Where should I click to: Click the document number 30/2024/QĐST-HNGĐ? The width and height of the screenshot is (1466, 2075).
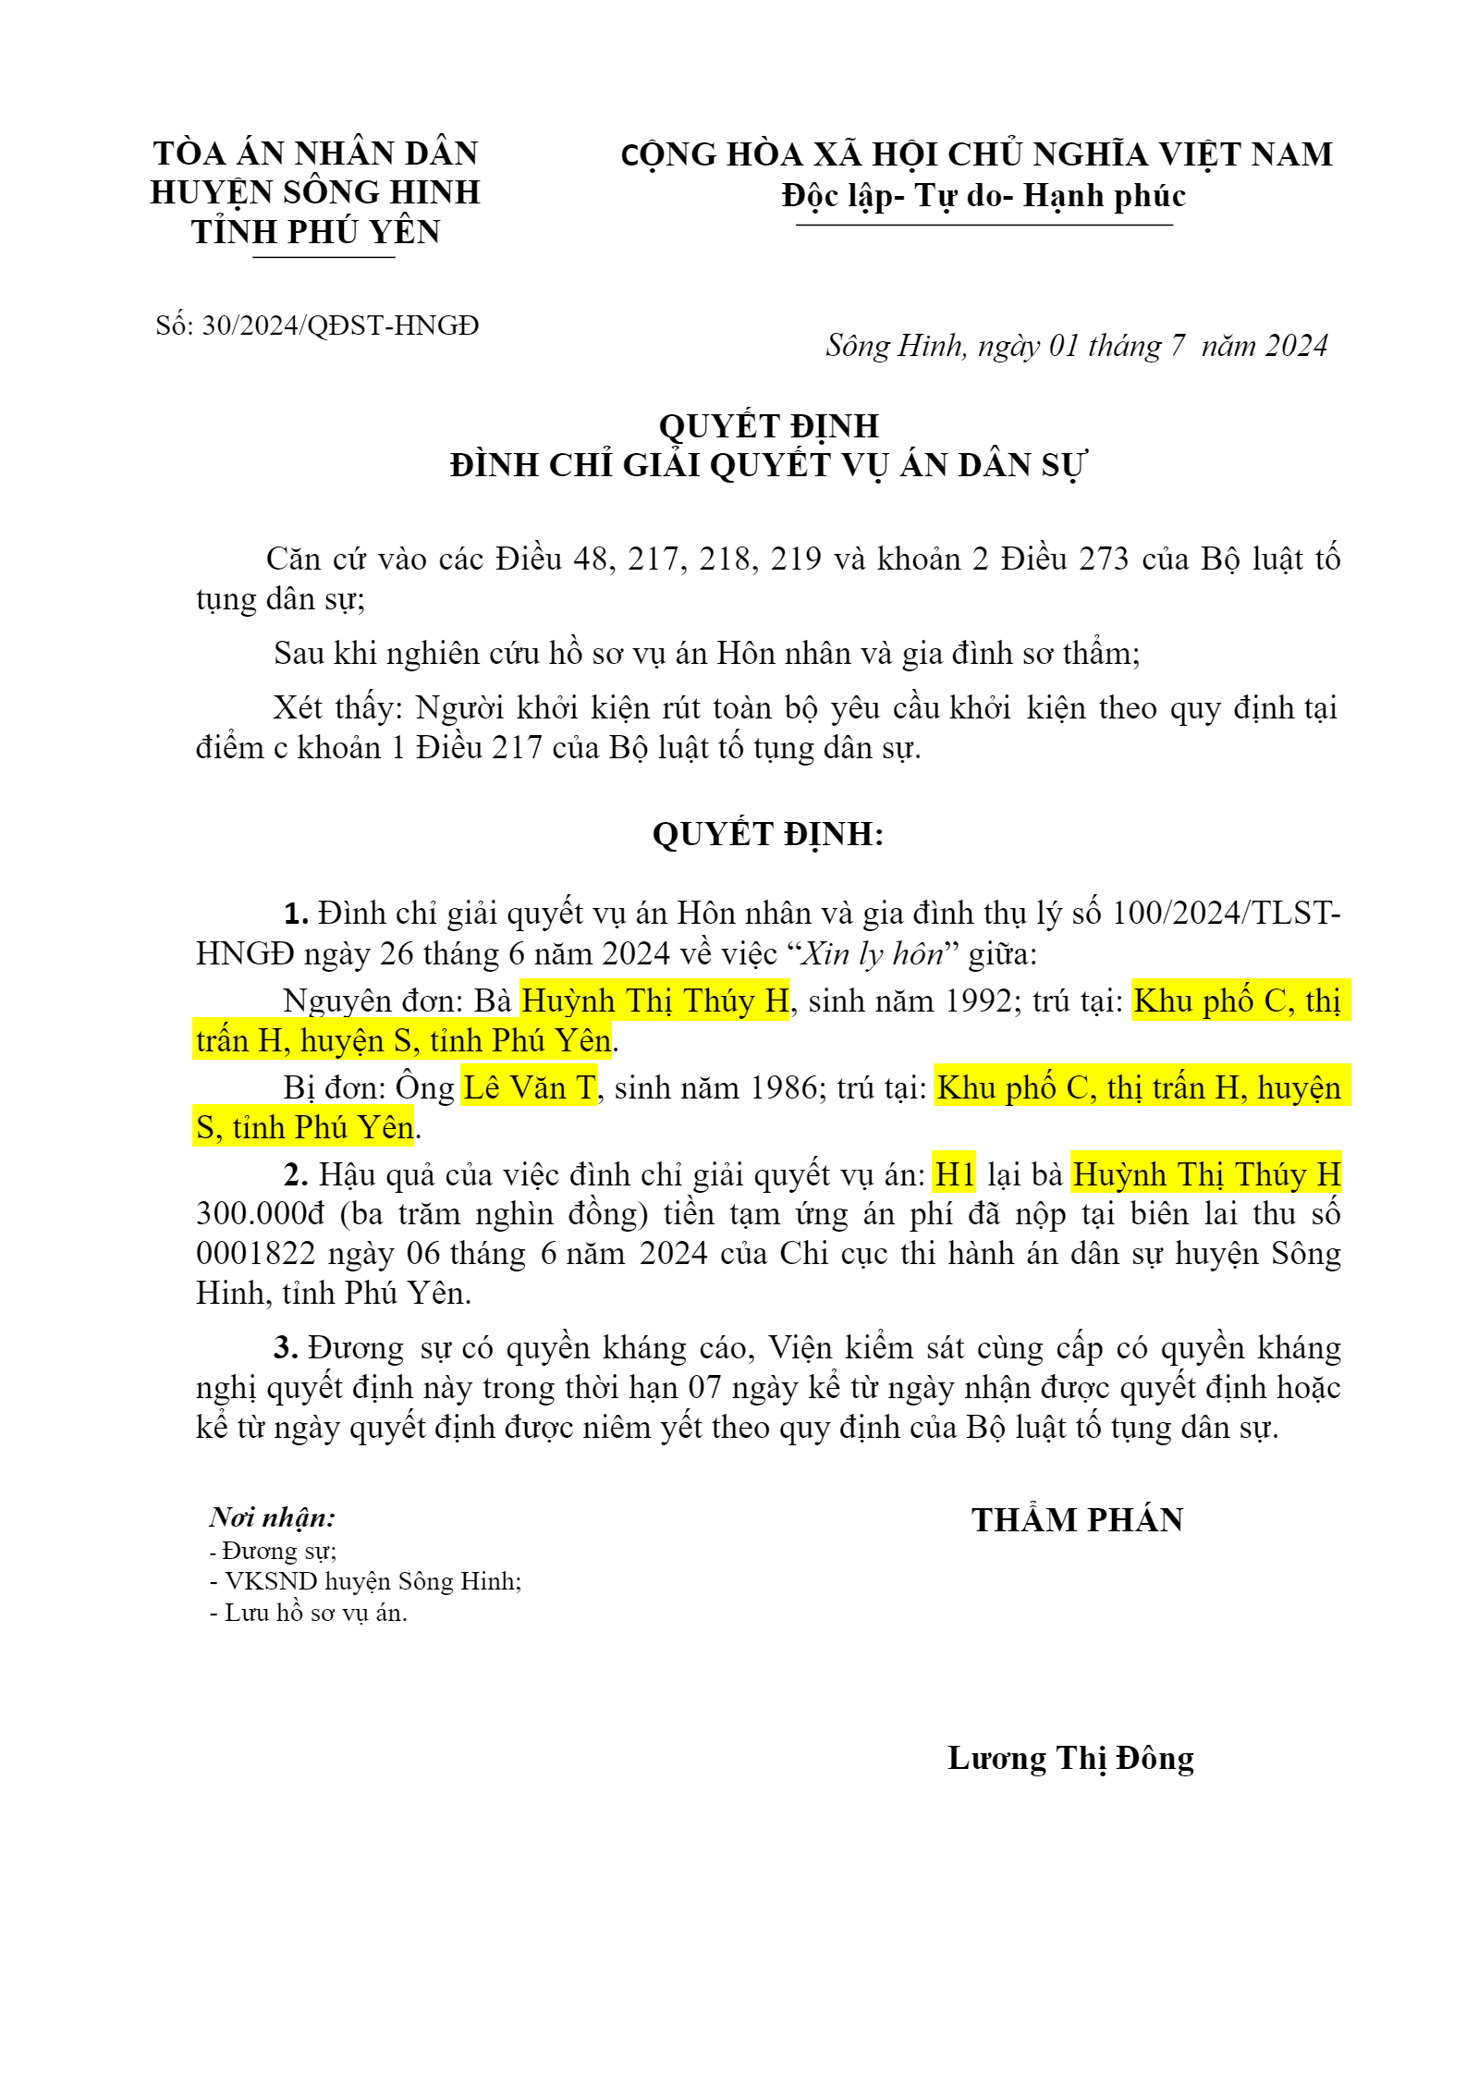coord(340,325)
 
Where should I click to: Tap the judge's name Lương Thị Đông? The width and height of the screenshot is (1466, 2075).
coord(1070,1758)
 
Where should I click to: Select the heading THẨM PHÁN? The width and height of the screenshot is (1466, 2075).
coord(1077,1520)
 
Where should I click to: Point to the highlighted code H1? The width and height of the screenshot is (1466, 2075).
coord(955,1175)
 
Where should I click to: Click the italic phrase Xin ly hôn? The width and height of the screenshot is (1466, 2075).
coord(871,953)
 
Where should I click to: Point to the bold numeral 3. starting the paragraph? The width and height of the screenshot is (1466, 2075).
coord(286,1348)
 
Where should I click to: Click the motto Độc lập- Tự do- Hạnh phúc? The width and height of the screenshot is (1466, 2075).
coord(983,195)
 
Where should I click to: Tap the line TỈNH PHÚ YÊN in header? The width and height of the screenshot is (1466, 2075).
coord(316,231)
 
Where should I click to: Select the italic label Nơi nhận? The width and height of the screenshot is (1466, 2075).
coord(273,1517)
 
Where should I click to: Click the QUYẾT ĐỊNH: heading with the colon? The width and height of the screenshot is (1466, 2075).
coord(768,834)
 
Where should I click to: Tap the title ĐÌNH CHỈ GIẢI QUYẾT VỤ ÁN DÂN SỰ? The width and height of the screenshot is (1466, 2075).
coord(768,464)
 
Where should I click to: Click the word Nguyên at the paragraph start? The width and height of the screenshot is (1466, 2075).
coord(327,1001)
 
